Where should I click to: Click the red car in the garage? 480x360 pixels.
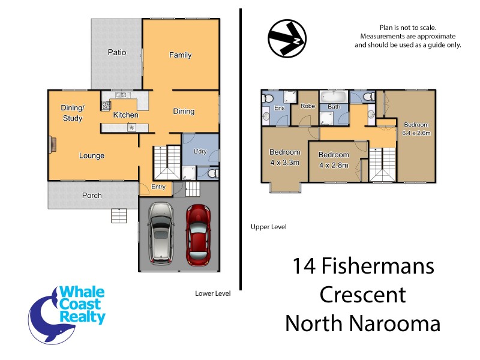click(197, 236)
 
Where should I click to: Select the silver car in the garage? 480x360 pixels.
click(160, 234)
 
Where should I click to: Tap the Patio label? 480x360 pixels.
click(117, 52)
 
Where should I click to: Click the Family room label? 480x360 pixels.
click(180, 55)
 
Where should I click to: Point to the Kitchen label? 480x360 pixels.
click(126, 115)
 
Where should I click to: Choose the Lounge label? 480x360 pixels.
click(92, 156)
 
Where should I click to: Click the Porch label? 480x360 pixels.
click(92, 196)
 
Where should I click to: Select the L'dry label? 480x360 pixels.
click(200, 151)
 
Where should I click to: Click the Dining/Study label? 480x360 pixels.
click(73, 113)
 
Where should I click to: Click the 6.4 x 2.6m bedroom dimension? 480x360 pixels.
click(416, 133)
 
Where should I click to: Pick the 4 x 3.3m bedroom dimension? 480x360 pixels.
click(284, 162)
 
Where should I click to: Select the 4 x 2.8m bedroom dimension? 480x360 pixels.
click(334, 165)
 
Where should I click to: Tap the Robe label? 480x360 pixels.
click(308, 106)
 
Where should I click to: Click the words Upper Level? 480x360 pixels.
click(268, 227)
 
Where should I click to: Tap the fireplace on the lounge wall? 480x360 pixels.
click(53, 144)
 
